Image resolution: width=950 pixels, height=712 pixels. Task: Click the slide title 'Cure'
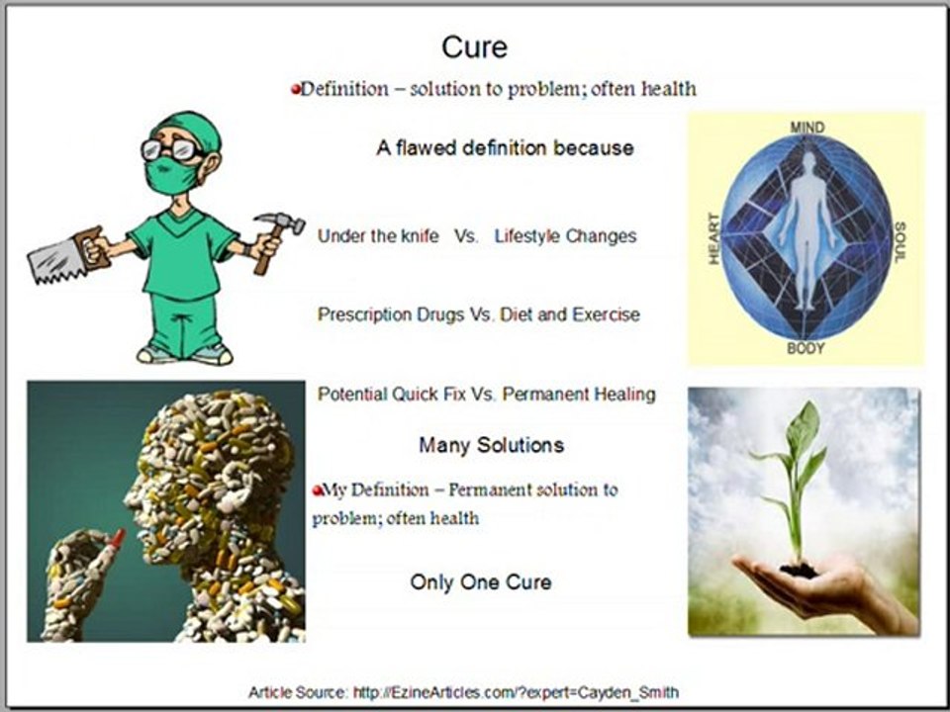(x=474, y=46)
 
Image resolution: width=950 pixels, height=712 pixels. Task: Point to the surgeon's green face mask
(x=167, y=174)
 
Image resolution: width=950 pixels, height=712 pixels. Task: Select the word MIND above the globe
(x=807, y=128)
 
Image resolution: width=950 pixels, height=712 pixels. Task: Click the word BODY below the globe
(x=806, y=349)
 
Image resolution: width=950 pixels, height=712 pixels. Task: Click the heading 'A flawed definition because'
(x=505, y=148)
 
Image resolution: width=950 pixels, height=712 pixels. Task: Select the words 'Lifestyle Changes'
(x=565, y=236)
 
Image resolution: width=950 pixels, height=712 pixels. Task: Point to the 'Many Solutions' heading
(x=491, y=445)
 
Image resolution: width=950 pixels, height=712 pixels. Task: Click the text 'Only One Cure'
(x=481, y=581)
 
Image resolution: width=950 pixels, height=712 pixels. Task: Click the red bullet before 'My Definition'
(x=318, y=490)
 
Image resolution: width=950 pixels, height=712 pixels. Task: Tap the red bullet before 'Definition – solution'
(x=295, y=89)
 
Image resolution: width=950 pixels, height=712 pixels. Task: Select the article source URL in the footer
(x=516, y=692)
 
